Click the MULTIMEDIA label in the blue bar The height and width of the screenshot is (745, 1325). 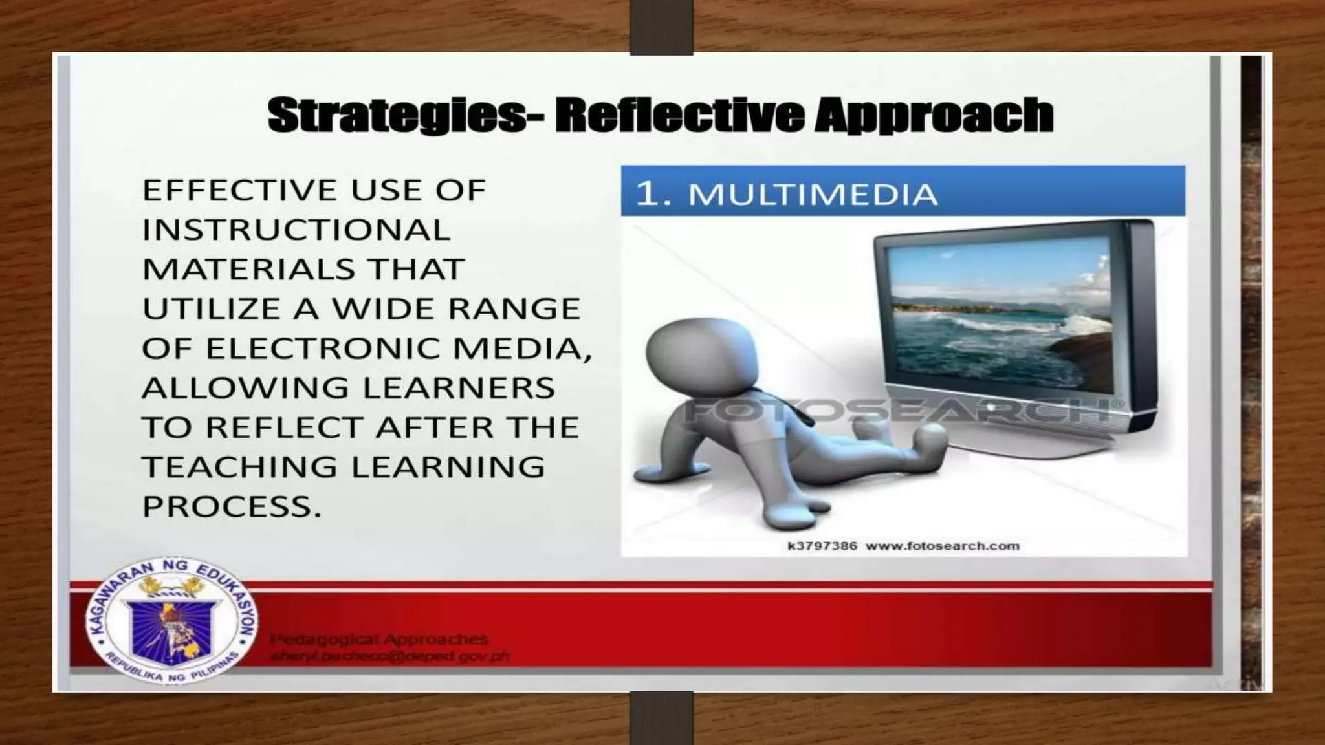click(x=813, y=194)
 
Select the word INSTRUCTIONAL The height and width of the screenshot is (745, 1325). click(x=296, y=230)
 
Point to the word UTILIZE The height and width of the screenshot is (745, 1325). click(x=212, y=309)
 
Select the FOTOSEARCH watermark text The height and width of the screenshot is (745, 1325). click(x=899, y=411)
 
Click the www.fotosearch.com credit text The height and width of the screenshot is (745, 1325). click(x=942, y=546)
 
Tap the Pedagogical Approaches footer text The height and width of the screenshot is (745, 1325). click(x=379, y=640)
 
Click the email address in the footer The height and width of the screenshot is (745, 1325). click(x=389, y=656)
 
